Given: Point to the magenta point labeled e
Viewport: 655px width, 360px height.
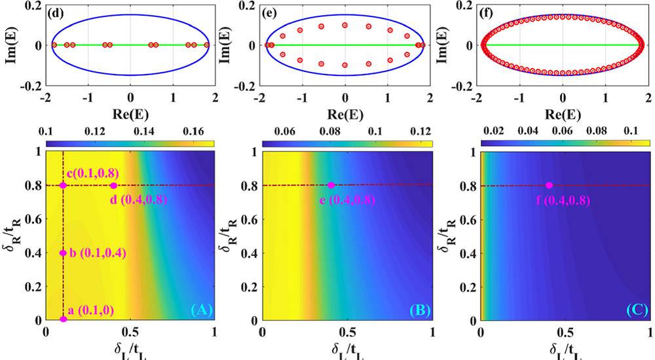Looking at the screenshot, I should [x=331, y=185].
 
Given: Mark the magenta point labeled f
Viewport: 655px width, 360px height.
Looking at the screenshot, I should [x=549, y=185].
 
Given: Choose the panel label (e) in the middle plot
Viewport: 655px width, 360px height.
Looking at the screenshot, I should [x=270, y=11].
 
